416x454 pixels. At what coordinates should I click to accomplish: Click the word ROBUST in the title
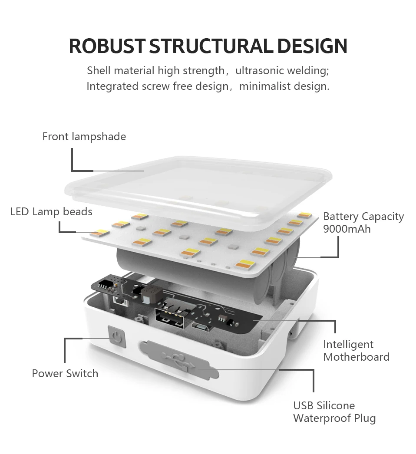coord(107,46)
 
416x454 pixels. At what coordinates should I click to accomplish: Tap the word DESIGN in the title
coord(312,46)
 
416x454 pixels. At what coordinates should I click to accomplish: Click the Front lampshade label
coord(84,137)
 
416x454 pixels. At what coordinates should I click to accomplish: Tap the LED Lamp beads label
coord(51,212)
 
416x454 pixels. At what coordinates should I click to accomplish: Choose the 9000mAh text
coord(347,229)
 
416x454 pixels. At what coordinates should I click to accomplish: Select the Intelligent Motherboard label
coord(356,351)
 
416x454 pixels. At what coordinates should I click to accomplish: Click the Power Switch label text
coord(65,373)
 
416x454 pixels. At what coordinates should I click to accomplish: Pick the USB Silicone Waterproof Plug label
coord(334,412)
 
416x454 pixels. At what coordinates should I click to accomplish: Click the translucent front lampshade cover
coord(200,182)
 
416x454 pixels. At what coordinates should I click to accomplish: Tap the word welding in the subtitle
coord(312,70)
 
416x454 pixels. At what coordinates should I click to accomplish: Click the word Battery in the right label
coord(341,217)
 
